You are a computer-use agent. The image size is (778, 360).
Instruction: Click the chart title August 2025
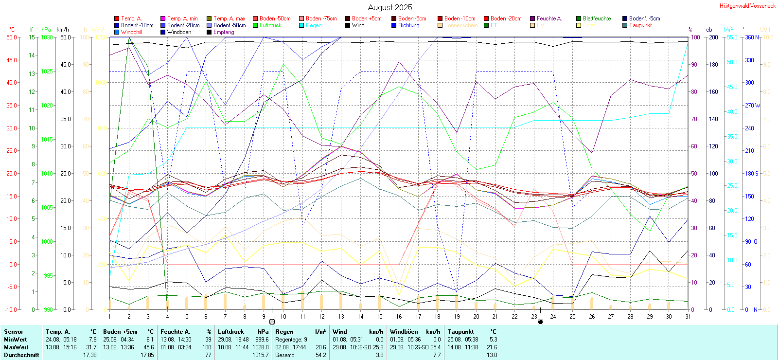click(389, 7)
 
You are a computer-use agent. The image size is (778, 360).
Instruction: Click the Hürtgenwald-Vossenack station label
click(747, 6)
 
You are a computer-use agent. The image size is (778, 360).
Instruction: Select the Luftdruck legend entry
click(270, 25)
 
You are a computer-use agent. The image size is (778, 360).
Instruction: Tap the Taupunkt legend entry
click(640, 25)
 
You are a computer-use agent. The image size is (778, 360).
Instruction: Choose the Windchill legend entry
click(131, 32)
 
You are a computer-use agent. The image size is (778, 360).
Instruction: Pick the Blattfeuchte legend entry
click(597, 18)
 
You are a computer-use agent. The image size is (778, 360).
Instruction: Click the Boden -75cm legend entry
click(321, 18)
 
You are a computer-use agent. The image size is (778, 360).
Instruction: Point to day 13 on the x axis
click(341, 316)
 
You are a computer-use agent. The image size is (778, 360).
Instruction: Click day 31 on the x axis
click(688, 316)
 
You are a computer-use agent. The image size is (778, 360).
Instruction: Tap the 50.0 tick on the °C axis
click(12, 37)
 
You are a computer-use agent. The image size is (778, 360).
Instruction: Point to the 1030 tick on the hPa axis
click(47, 37)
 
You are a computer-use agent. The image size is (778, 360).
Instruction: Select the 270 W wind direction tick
click(752, 106)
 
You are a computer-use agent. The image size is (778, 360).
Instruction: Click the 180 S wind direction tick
click(752, 174)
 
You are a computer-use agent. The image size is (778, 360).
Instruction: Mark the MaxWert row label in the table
click(16, 347)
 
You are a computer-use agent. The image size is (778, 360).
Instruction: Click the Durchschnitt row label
click(21, 355)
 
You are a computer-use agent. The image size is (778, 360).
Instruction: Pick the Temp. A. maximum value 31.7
click(91, 347)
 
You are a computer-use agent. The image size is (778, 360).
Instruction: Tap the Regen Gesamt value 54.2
click(320, 355)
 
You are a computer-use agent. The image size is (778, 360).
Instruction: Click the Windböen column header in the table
click(403, 332)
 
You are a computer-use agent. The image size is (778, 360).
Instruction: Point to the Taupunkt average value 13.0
click(492, 355)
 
